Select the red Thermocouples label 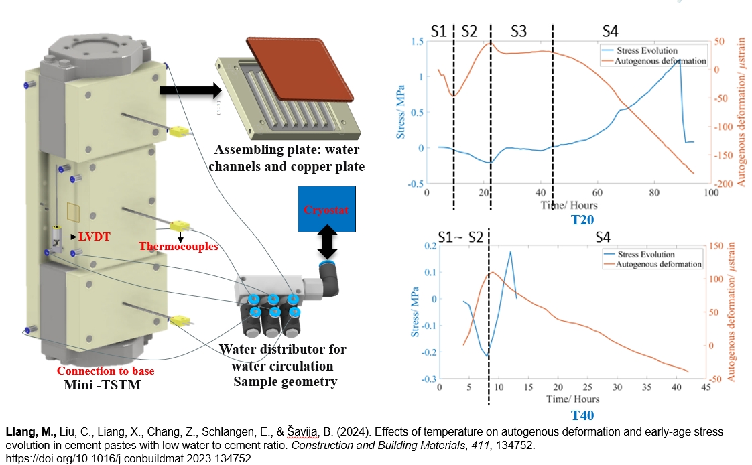(178, 246)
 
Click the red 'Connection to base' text (105, 371)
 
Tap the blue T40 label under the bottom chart (582, 415)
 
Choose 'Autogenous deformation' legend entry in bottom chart (657, 264)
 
